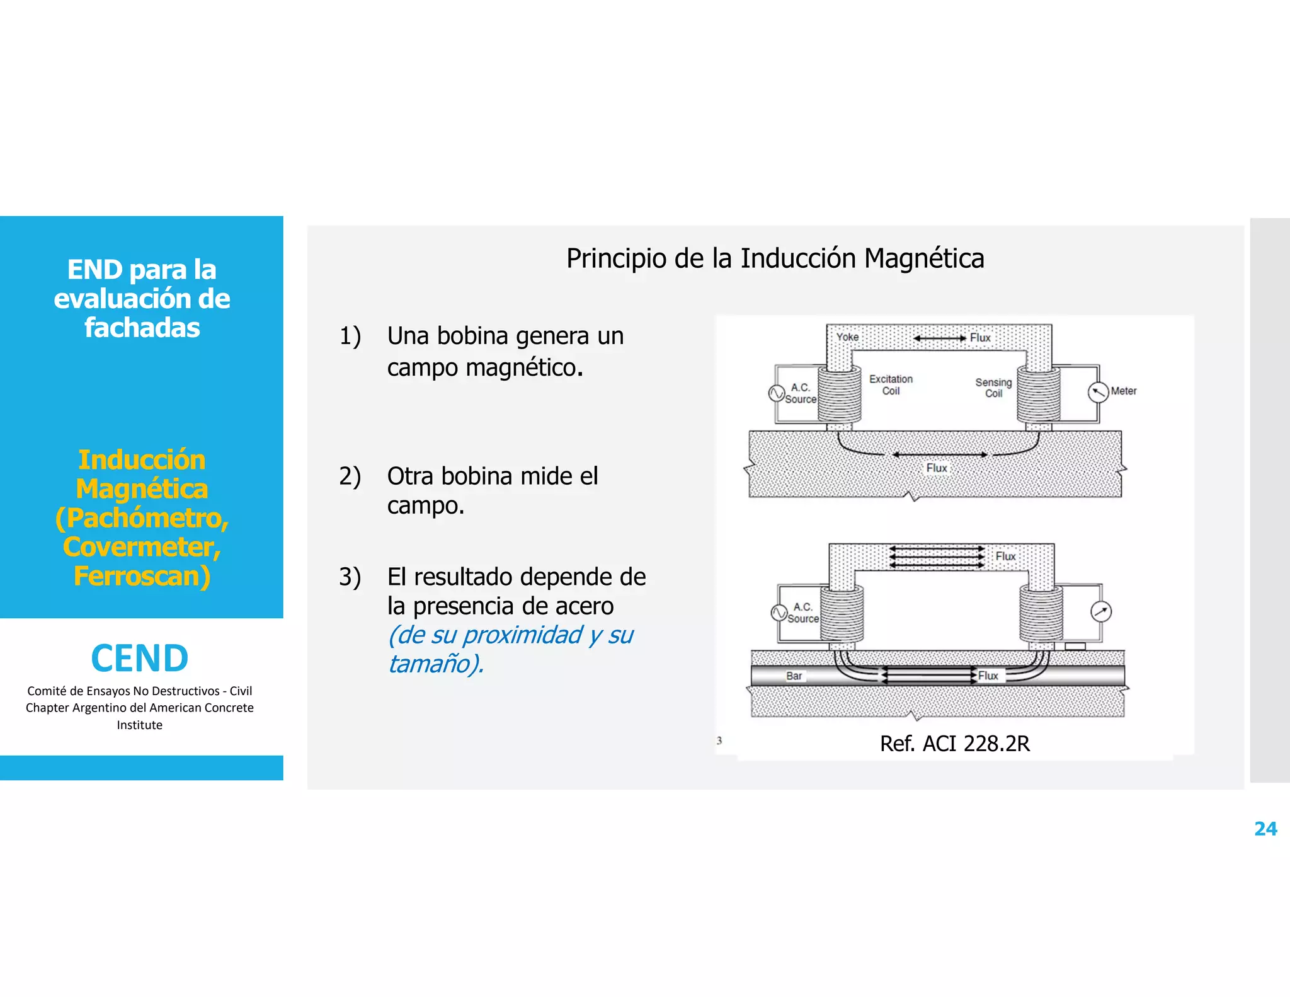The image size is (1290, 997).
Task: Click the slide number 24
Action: (x=1265, y=829)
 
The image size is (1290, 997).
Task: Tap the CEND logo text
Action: (x=140, y=659)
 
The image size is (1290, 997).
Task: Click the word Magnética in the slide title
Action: (x=923, y=258)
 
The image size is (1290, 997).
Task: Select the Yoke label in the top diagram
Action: (x=847, y=337)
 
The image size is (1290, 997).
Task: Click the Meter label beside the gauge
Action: (x=1123, y=391)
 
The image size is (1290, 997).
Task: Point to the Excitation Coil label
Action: (x=891, y=384)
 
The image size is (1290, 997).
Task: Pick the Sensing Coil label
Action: (x=993, y=388)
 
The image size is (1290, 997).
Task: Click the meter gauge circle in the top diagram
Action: (x=1098, y=392)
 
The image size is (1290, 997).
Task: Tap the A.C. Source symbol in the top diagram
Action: (x=777, y=393)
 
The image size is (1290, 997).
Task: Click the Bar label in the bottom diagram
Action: (x=794, y=676)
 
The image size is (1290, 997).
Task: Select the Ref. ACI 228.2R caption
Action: (x=954, y=744)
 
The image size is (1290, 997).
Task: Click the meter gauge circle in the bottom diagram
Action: (x=1100, y=611)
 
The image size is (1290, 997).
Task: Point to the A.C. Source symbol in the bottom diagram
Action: (x=779, y=613)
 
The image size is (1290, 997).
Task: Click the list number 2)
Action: (x=350, y=476)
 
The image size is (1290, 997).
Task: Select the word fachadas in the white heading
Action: (x=142, y=328)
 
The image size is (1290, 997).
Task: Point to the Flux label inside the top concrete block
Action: (x=936, y=468)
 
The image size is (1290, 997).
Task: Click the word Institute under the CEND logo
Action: (x=139, y=725)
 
